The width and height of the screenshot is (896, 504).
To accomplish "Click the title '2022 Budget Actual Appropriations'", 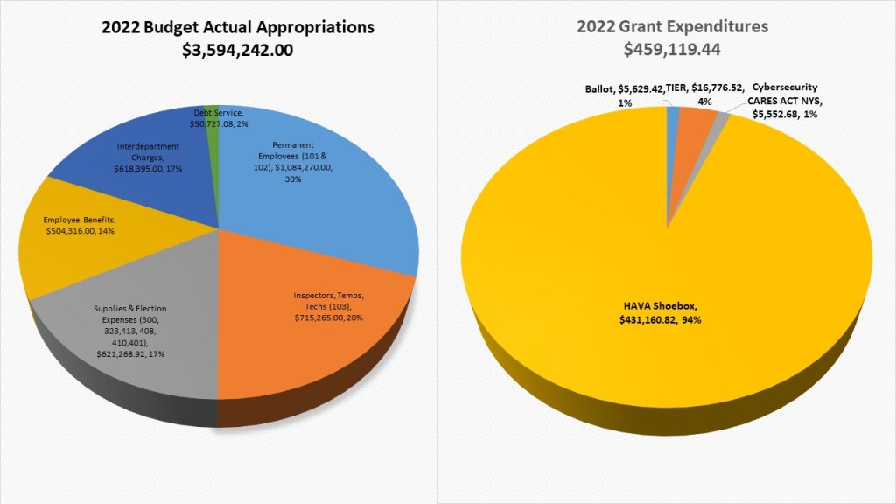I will pos(237,27).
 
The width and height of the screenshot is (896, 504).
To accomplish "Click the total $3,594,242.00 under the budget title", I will pos(237,51).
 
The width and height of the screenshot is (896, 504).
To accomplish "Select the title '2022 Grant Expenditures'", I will pos(672,27).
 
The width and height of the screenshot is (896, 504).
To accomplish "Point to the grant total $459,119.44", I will pos(672,50).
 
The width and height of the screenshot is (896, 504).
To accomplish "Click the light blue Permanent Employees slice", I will pos(350,210).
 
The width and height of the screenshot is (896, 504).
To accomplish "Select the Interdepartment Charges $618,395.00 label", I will pos(149,158).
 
